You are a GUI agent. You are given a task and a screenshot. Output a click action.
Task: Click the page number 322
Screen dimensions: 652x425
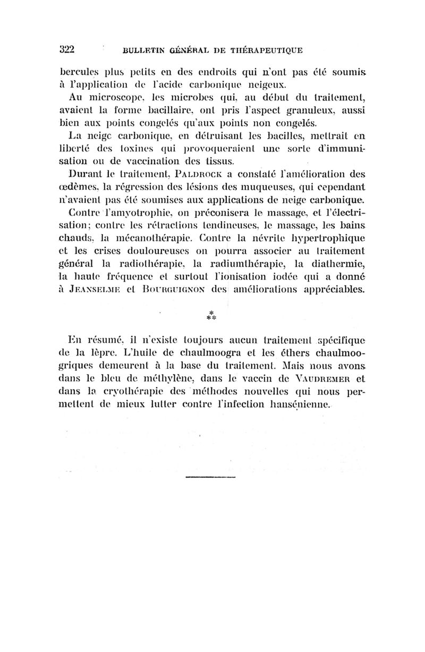point(67,50)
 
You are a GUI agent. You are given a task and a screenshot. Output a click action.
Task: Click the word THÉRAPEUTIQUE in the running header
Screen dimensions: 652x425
point(265,51)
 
